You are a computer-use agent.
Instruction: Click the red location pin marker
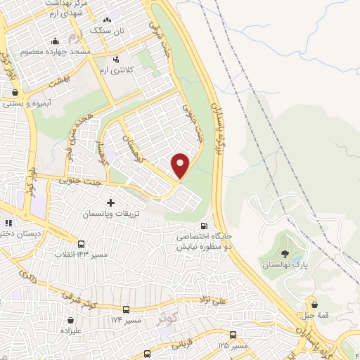pyautogui.click(x=181, y=165)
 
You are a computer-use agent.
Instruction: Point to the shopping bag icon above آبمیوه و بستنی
pyautogui.click(x=15, y=92)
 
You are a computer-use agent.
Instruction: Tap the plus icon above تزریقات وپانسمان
pyautogui.click(x=110, y=202)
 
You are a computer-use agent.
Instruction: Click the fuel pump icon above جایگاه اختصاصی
pyautogui.click(x=204, y=226)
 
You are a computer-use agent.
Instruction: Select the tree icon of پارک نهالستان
pyautogui.click(x=285, y=254)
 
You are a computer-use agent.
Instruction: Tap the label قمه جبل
pyautogui.click(x=314, y=315)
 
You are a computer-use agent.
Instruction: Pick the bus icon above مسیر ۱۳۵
pyautogui.click(x=231, y=335)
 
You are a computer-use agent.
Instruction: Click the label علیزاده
pyautogui.click(x=71, y=329)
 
